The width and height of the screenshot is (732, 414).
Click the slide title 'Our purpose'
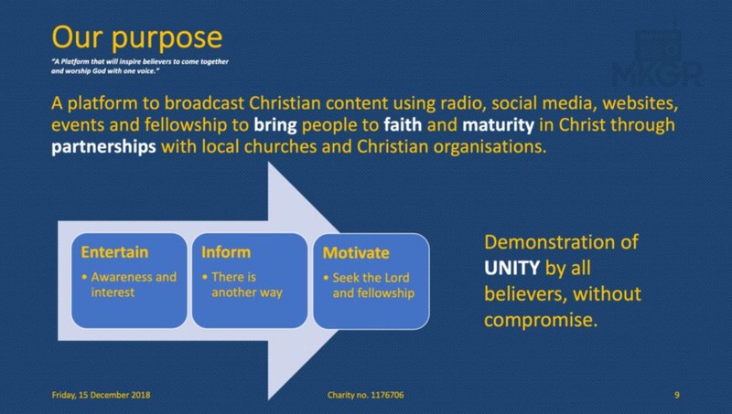[x=136, y=38]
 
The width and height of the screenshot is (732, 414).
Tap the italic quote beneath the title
[x=140, y=66]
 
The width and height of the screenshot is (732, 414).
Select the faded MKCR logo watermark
[x=657, y=58]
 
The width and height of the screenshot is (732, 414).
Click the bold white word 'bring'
[x=275, y=125]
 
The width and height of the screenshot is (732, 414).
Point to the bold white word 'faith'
[x=403, y=124]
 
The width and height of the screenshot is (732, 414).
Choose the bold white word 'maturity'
[x=498, y=125]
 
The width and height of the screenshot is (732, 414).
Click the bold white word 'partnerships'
[x=103, y=147]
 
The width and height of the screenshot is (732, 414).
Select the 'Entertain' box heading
[x=114, y=252]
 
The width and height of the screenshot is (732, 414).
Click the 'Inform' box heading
[x=226, y=252]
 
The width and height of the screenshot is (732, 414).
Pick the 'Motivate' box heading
[x=356, y=252]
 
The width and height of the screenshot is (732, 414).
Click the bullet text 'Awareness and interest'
[x=129, y=284]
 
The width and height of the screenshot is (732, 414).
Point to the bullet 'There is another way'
[x=242, y=284]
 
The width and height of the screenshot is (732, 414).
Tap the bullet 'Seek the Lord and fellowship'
[x=369, y=285]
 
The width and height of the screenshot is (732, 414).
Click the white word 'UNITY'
[x=511, y=268]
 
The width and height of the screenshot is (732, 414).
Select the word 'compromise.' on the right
[x=541, y=320]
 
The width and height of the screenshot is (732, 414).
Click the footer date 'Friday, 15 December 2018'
[x=101, y=395]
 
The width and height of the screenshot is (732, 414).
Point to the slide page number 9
[x=677, y=395]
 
